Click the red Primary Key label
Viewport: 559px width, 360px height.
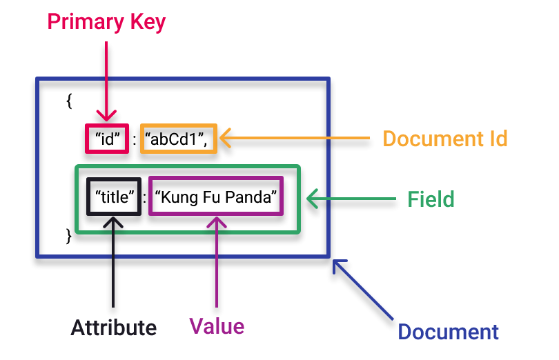tap(106, 22)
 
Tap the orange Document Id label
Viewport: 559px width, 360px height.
tap(445, 139)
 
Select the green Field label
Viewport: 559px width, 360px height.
tap(431, 199)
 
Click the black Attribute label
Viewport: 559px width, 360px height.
tap(113, 327)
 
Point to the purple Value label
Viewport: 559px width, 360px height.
tap(217, 325)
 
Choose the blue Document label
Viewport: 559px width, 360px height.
tap(449, 332)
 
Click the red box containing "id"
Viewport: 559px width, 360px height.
tap(107, 139)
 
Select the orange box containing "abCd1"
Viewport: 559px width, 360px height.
tap(177, 139)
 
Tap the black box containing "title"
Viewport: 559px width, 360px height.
tap(113, 197)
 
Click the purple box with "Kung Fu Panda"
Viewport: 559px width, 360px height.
tap(216, 197)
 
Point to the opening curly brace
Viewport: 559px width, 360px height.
tap(69, 101)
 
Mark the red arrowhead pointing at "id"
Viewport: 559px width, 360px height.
tap(106, 117)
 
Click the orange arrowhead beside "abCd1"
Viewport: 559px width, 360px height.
tap(226, 139)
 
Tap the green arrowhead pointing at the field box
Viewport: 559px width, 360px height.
tap(312, 199)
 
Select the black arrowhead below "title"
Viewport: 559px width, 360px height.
tap(113, 221)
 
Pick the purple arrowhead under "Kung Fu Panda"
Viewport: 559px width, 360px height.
tap(217, 222)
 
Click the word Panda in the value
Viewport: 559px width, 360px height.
tap(255, 197)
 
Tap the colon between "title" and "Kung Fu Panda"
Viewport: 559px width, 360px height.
tap(144, 199)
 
